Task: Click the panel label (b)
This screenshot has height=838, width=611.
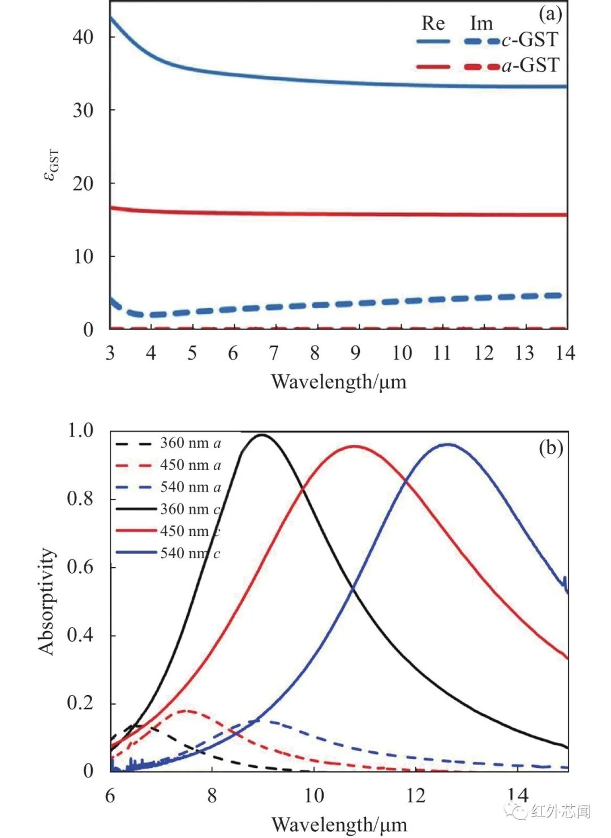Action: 550,448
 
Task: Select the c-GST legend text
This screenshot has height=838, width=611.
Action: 530,40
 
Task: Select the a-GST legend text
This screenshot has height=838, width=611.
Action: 530,66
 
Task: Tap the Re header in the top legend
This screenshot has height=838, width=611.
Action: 433,23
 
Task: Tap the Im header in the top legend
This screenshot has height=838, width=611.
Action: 481,23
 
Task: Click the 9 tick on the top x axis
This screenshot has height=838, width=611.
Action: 355,353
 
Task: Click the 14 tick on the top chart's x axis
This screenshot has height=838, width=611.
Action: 564,353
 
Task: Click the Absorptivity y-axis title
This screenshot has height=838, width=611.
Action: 48,602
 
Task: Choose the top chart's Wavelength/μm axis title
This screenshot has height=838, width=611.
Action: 338,382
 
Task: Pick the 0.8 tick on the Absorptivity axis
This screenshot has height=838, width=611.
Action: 80,499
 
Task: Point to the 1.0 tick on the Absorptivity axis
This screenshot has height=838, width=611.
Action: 80,431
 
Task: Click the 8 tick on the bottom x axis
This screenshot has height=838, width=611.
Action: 212,796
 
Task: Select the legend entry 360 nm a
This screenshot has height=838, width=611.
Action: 190,443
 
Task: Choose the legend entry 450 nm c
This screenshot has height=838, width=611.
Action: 190,531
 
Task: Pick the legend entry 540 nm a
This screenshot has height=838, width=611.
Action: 190,487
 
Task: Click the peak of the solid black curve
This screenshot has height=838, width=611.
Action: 261,435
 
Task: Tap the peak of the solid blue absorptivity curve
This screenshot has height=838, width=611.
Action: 448,444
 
